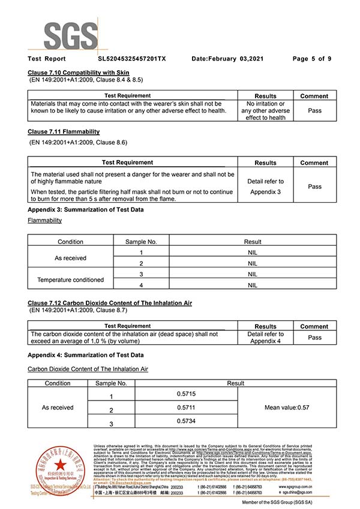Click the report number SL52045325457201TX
(132, 59)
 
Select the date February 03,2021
(227, 59)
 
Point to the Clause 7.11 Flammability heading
(64, 131)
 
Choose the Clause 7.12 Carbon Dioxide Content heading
(110, 304)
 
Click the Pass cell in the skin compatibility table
(314, 110)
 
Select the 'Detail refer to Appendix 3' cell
(265, 186)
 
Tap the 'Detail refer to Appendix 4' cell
(265, 338)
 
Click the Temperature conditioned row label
(70, 279)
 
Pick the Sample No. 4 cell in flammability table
(141, 285)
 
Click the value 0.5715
(186, 393)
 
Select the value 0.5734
(186, 421)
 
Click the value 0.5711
(186, 408)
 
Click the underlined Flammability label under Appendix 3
(44, 220)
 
